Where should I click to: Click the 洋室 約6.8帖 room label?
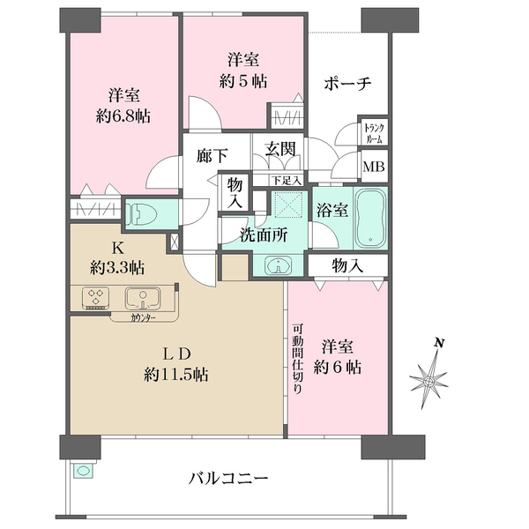click(x=122, y=105)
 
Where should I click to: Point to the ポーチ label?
click(x=346, y=83)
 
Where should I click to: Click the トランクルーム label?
click(x=374, y=132)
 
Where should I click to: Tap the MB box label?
click(x=374, y=164)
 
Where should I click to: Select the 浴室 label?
click(x=333, y=210)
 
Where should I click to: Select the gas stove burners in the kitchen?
click(x=93, y=297)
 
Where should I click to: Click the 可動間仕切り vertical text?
click(x=299, y=361)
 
